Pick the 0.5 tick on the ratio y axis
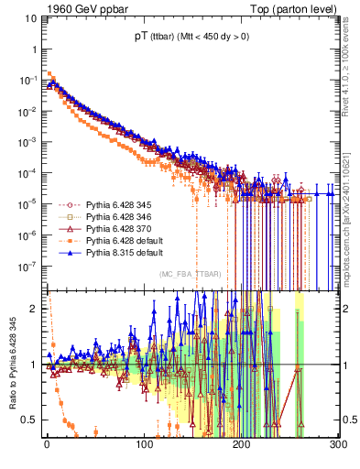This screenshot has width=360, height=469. click(x=30, y=420)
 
